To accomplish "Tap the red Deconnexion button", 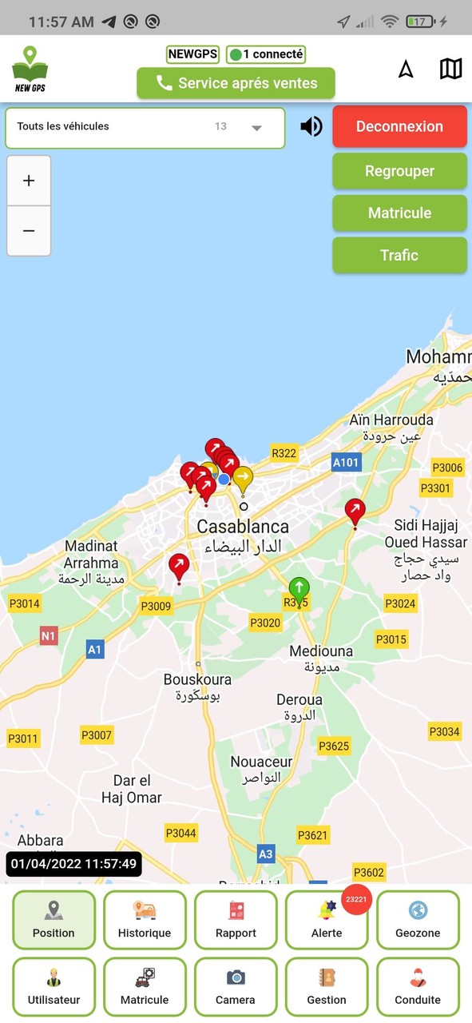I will pyautogui.click(x=399, y=126).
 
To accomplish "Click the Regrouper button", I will pyautogui.click(x=399, y=171).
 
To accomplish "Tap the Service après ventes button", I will pyautogui.click(x=236, y=83).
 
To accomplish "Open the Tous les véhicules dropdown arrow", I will pyautogui.click(x=256, y=128).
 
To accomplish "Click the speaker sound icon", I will pyautogui.click(x=311, y=126).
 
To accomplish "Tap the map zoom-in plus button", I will pyautogui.click(x=29, y=181).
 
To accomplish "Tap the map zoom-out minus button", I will pyautogui.click(x=29, y=231).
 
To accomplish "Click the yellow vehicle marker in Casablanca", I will pyautogui.click(x=243, y=479).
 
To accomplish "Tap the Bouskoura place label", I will pyautogui.click(x=197, y=679).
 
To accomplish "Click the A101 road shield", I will pyautogui.click(x=347, y=462).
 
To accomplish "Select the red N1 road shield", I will pyautogui.click(x=49, y=636).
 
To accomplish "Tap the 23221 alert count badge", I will pyautogui.click(x=355, y=900).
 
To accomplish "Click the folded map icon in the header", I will pyautogui.click(x=450, y=69).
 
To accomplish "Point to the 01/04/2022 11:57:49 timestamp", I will pyautogui.click(x=73, y=864).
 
